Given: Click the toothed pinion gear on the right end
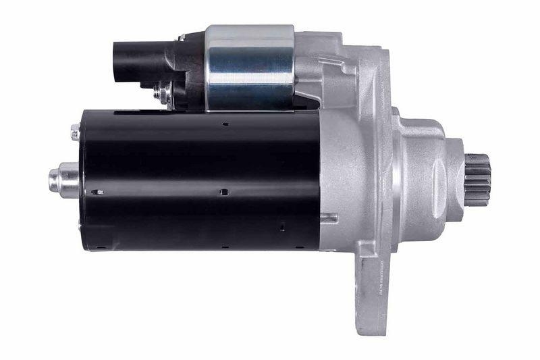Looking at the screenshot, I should (478, 180).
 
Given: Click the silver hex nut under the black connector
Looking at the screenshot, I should (162, 94).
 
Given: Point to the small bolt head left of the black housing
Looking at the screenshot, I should (75, 133).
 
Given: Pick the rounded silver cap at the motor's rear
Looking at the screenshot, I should (63, 180).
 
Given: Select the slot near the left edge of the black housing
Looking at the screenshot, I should (98, 192).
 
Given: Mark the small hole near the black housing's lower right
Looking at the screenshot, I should (281, 228).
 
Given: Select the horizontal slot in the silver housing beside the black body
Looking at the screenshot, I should (329, 217).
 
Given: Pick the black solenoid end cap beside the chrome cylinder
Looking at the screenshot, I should (192, 68).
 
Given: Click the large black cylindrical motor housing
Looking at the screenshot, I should (202, 180).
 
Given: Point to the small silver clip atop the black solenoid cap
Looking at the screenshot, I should (181, 38).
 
